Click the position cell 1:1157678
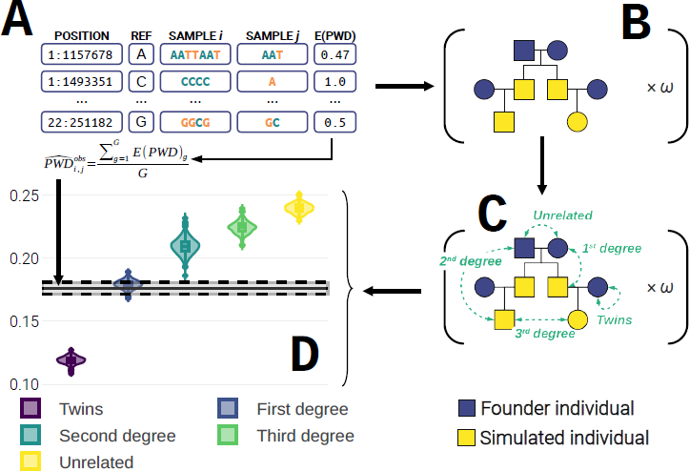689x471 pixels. pos(82,54)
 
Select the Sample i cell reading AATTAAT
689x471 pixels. pos(195,54)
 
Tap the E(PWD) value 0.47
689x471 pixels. pos(334,54)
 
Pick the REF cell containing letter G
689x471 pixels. pos(141,122)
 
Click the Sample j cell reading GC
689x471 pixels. pos(272,122)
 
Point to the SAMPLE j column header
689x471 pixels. pos(273,35)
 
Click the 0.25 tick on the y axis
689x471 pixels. pos(24,195)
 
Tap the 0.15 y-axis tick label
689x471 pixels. pos(24,321)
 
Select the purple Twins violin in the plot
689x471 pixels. pos(71,361)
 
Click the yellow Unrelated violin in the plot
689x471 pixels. pos(299,208)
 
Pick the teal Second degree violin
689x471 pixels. pos(185,246)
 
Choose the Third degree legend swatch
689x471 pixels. pos(228,436)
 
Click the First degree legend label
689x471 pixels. pos(303,409)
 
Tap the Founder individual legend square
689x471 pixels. pos(467,408)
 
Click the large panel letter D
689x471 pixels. pos(305,355)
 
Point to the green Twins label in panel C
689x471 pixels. pos(615,319)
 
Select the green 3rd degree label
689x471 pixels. pos(545,334)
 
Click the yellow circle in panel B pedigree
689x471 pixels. pos(578,122)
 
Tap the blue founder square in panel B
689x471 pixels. pos(524,51)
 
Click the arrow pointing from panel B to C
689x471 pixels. pos(542,165)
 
